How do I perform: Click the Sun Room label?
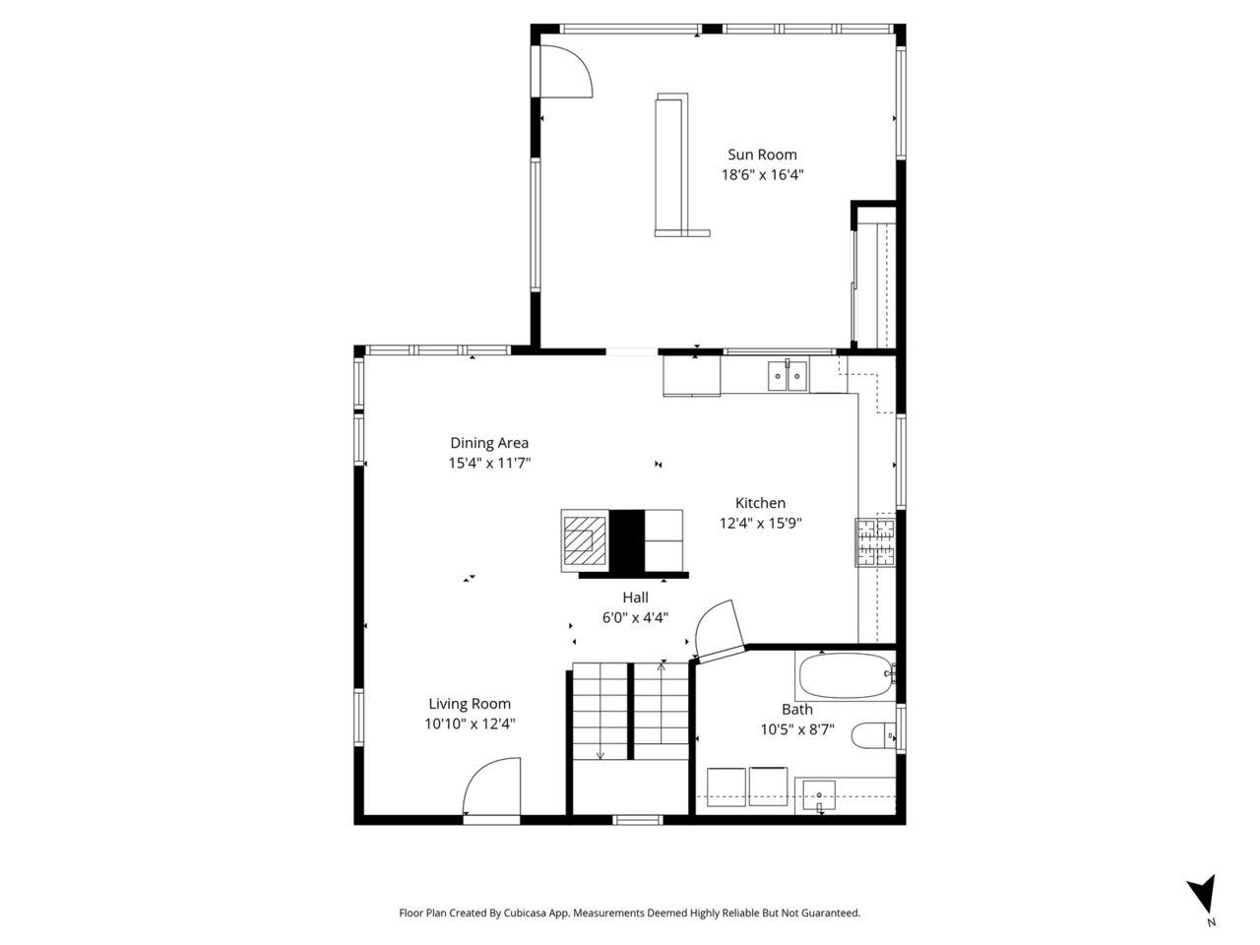pyautogui.click(x=762, y=155)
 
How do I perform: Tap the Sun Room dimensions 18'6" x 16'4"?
pyautogui.click(x=762, y=174)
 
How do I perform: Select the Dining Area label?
pyautogui.click(x=489, y=442)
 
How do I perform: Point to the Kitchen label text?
pyautogui.click(x=760, y=503)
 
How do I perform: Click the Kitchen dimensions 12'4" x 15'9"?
pyautogui.click(x=760, y=523)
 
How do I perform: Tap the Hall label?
pyautogui.click(x=636, y=598)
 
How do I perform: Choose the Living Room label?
pyautogui.click(x=470, y=704)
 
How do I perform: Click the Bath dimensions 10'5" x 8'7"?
pyautogui.click(x=797, y=729)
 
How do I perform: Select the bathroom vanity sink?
pyautogui.click(x=819, y=795)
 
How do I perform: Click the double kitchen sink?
pyautogui.click(x=787, y=376)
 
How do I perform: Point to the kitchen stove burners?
pyautogui.click(x=875, y=542)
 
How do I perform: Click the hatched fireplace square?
pyautogui.click(x=585, y=540)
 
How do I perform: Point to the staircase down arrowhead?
pyautogui.click(x=600, y=755)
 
